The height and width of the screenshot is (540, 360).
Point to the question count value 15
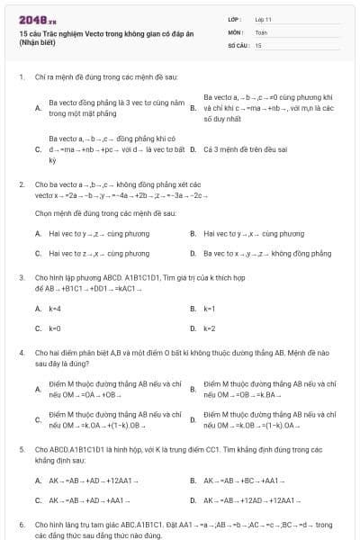click(259, 44)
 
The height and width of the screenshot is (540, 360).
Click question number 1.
click(21, 77)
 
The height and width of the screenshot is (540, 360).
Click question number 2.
click(21, 184)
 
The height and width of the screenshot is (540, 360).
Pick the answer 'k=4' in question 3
click(55, 308)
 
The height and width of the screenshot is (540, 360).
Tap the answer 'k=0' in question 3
click(55, 328)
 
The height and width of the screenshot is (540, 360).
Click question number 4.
click(21, 355)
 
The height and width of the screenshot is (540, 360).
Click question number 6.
click(21, 524)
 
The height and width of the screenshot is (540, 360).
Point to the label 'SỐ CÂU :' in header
click(239, 44)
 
